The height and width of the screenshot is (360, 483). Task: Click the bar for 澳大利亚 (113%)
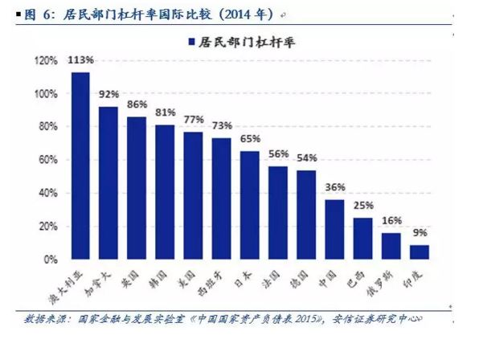pos(80,166)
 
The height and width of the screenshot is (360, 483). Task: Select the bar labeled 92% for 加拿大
pos(108,183)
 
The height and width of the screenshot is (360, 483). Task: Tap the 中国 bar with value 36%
pos(335,230)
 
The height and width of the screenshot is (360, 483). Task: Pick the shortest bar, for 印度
pos(420,252)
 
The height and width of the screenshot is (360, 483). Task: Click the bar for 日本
pos(250,206)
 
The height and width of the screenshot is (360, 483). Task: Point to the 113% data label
pos(80,60)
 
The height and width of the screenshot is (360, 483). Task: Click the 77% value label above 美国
pos(194,120)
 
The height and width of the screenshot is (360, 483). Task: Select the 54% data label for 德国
pos(307,157)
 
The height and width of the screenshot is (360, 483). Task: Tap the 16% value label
pos(391,221)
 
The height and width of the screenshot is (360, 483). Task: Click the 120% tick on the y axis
pos(45,61)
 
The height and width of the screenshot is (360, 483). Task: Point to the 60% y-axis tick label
pos(47,160)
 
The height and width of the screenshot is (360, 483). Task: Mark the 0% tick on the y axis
pos(50,260)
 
